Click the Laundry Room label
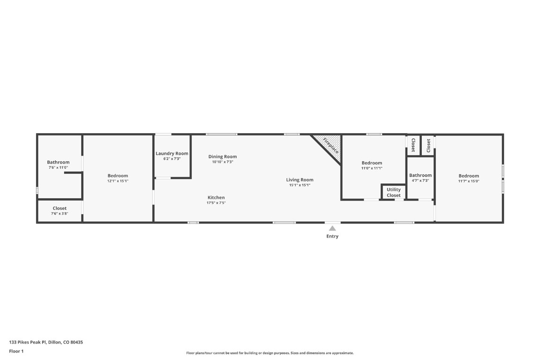point(172,153)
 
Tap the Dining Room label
point(223,157)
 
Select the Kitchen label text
point(216,197)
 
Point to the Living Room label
point(300,180)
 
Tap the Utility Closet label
point(394,192)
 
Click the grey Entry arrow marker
point(332,228)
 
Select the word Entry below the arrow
point(332,236)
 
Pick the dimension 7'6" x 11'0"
point(58,167)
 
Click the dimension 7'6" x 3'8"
point(60,213)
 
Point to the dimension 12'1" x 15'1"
point(118,181)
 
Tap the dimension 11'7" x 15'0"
point(469,181)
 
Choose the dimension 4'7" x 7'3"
point(420,180)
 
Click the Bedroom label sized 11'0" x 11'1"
point(372,163)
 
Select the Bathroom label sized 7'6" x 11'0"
point(58,162)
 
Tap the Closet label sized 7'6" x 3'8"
point(60,208)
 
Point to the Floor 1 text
point(16,351)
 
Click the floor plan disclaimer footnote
point(270,353)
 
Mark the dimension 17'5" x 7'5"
point(216,203)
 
